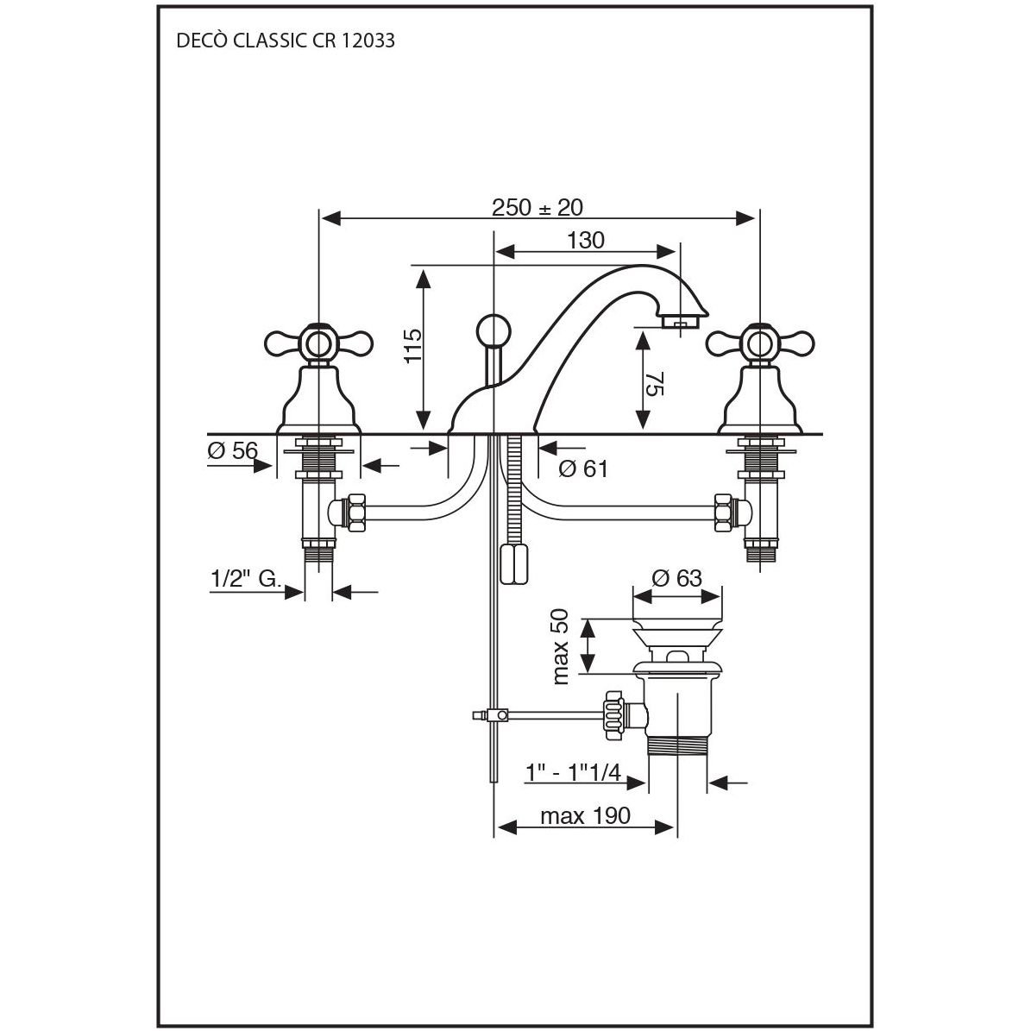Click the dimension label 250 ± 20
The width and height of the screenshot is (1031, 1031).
538,208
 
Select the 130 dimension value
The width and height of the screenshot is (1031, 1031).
586,241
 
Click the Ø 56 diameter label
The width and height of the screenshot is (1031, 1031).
233,450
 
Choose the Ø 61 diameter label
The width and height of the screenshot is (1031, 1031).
583,469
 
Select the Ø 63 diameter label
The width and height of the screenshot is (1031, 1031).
676,578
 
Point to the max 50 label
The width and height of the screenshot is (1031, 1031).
562,644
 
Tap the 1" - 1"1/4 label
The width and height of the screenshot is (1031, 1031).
573,772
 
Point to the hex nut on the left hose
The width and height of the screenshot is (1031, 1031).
354,512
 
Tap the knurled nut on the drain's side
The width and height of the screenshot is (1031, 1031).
614,714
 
